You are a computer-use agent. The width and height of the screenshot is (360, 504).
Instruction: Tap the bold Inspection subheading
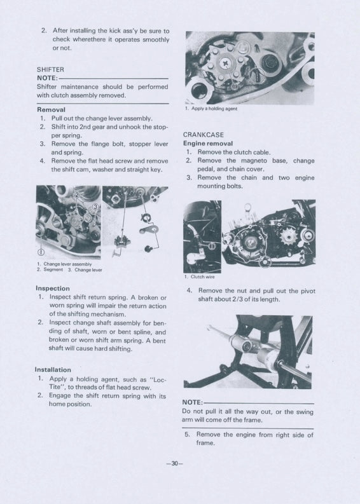pyautogui.click(x=53, y=288)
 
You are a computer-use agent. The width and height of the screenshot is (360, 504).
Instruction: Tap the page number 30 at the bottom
pyautogui.click(x=174, y=463)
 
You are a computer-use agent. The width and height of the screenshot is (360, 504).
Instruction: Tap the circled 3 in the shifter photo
pyautogui.click(x=95, y=207)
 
